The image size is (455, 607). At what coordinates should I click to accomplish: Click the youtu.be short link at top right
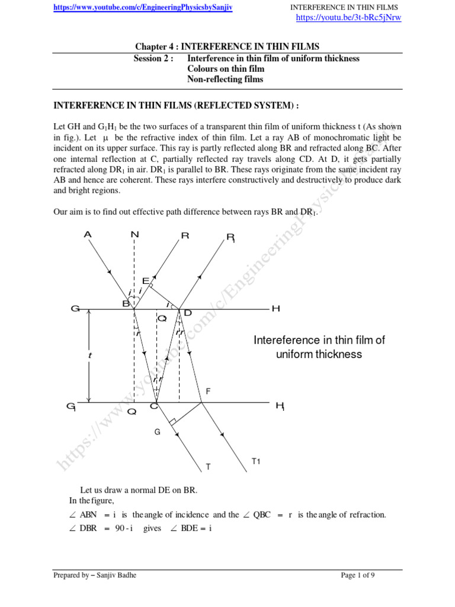point(348,17)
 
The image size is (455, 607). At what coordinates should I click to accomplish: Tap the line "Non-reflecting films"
point(225,79)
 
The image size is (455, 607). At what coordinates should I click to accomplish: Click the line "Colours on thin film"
point(226,69)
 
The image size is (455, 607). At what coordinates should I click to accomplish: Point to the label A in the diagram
point(88,235)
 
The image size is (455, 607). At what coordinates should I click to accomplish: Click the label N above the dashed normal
point(135,235)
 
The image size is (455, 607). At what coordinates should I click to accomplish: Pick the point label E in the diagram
point(145,280)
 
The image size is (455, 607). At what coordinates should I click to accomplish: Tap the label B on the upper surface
point(126,303)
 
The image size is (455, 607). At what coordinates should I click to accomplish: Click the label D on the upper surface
point(188,312)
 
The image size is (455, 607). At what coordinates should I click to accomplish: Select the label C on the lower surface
point(154,405)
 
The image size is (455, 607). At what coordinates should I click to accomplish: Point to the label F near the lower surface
point(208,392)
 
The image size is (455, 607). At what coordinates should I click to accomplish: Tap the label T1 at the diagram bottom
point(256,461)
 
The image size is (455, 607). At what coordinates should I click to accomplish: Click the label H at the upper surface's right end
point(275,309)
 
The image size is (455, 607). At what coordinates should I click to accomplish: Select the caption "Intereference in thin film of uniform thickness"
point(319,347)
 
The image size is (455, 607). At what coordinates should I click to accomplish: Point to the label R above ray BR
point(185,235)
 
